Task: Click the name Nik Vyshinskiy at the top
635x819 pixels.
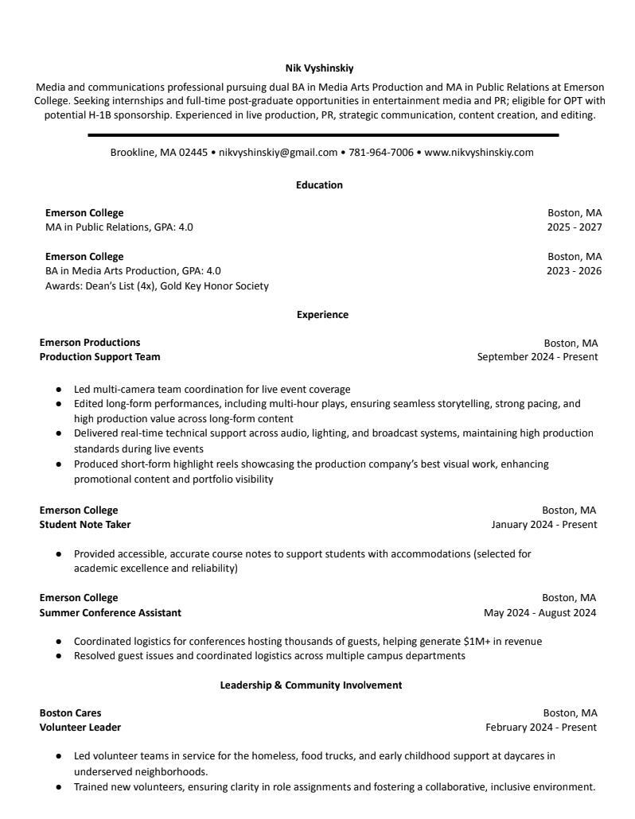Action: click(319, 68)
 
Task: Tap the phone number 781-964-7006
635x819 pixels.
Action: click(380, 153)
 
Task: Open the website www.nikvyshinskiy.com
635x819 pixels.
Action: click(478, 153)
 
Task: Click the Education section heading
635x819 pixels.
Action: click(319, 185)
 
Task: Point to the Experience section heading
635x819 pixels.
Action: click(322, 315)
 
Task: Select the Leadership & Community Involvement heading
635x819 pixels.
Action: click(311, 685)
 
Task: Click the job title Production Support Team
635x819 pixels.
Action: click(99, 357)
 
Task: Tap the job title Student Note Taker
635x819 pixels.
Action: click(85, 525)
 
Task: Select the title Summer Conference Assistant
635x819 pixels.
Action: click(111, 613)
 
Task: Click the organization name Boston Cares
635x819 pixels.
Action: click(70, 713)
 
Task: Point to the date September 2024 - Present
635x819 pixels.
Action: click(537, 357)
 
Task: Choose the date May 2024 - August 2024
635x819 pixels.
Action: click(540, 613)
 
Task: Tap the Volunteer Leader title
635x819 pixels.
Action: click(80, 728)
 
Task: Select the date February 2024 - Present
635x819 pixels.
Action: click(541, 728)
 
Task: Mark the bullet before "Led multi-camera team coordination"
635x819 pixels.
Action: click(59, 390)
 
